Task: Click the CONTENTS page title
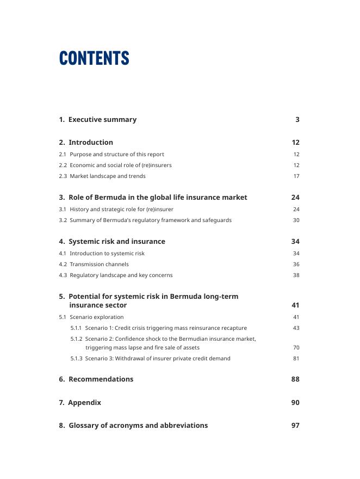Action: [x=94, y=58]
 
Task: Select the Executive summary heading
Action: [x=98, y=120]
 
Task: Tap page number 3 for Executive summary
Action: [x=297, y=120]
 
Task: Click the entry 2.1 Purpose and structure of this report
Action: [x=111, y=155]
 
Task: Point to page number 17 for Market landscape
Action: [x=296, y=176]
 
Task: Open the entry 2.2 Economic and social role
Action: [x=115, y=165]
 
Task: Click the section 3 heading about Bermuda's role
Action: [x=153, y=198]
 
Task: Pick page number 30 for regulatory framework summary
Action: [x=296, y=220]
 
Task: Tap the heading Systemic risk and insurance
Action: [x=112, y=242]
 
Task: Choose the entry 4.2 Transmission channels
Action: [x=94, y=265]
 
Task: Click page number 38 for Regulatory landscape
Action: [x=296, y=275]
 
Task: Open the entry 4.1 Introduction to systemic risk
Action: [x=102, y=254]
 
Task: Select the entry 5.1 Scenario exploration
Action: [x=91, y=317]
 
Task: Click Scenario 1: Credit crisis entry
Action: [x=159, y=328]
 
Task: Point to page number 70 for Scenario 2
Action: [x=296, y=348]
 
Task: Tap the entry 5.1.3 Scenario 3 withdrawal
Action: [x=151, y=359]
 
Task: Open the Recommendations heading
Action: [x=96, y=379]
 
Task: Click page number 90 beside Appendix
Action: [x=295, y=403]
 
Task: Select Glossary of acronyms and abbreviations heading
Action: [x=133, y=426]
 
